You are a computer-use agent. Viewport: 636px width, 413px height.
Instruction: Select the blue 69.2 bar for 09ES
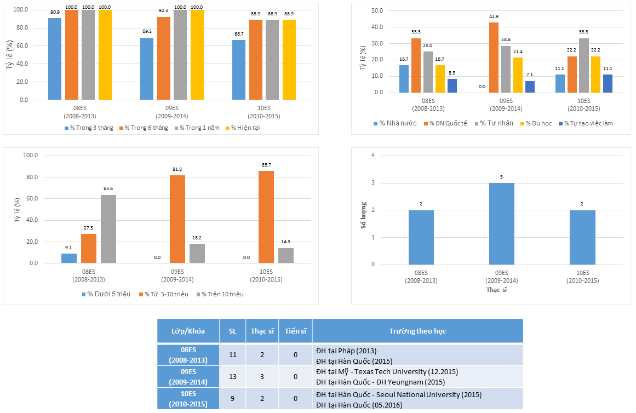(x=147, y=68)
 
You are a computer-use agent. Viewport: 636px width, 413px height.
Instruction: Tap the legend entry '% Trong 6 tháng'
(x=144, y=128)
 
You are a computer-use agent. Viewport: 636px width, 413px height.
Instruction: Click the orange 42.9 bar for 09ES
(x=494, y=58)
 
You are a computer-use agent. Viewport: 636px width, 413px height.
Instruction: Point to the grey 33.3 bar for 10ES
(x=584, y=65)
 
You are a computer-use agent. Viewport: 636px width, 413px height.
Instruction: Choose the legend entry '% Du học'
(x=541, y=123)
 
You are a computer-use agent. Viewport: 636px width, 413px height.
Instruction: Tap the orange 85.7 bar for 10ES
(x=266, y=217)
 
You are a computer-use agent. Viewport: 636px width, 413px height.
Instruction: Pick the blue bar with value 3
(x=502, y=223)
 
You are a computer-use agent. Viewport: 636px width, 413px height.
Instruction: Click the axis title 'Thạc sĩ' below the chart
(x=501, y=289)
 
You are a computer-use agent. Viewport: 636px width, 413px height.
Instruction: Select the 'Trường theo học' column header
(x=417, y=331)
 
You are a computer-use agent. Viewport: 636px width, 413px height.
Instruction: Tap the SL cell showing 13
(x=233, y=377)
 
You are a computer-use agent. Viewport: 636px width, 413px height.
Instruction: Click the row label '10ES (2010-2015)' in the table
(x=188, y=399)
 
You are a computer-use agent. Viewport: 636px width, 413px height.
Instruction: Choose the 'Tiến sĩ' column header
(x=295, y=331)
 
